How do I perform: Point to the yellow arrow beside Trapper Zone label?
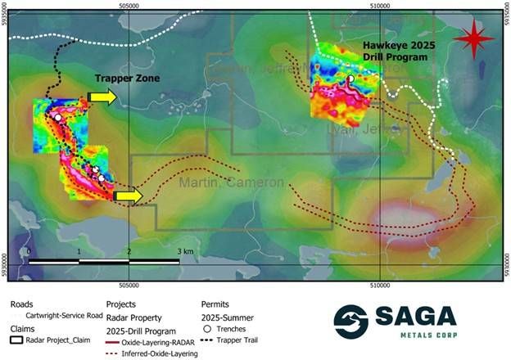102,97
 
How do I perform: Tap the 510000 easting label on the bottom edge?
380,286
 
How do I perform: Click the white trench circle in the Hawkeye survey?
350,79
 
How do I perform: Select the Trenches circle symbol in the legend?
207,328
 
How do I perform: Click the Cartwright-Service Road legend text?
64,315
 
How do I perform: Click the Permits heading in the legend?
215,304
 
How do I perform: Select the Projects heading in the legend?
120,304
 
